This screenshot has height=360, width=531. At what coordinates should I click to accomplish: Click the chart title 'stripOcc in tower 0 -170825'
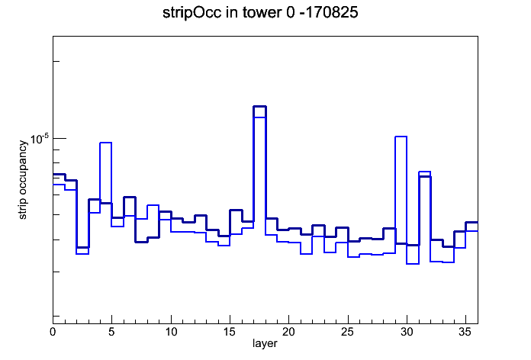pyautogui.click(x=260, y=13)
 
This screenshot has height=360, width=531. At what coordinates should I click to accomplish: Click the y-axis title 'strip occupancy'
pyautogui.click(x=22, y=180)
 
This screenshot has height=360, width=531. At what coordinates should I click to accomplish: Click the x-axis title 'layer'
pyautogui.click(x=265, y=343)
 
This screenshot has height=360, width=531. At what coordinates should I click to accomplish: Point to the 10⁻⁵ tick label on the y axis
pyautogui.click(x=40, y=139)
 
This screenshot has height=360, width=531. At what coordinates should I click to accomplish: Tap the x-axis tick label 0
pyautogui.click(x=53, y=332)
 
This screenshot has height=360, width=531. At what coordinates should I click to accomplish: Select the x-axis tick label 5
pyautogui.click(x=111, y=332)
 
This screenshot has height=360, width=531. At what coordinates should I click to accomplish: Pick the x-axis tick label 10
pyautogui.click(x=171, y=332)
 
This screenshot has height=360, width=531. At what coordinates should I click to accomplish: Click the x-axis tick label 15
pyautogui.click(x=230, y=332)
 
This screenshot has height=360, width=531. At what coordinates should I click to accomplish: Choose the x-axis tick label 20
pyautogui.click(x=288, y=332)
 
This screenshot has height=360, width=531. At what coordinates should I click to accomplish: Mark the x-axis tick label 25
pyautogui.click(x=347, y=332)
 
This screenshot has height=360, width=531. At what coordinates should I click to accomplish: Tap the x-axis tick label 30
pyautogui.click(x=407, y=332)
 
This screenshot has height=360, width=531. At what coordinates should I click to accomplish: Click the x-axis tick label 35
pyautogui.click(x=465, y=332)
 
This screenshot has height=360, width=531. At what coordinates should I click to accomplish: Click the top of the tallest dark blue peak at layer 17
pyautogui.click(x=259, y=106)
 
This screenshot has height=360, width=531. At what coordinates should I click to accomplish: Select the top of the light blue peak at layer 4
pyautogui.click(x=105, y=143)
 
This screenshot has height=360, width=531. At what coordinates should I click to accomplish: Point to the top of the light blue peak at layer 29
pyautogui.click(x=401, y=137)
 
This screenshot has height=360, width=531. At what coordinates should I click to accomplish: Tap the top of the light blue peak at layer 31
pyautogui.click(x=424, y=172)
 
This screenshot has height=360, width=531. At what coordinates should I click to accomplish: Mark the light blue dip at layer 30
pyautogui.click(x=413, y=263)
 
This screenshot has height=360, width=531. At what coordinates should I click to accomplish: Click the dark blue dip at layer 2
pyautogui.click(x=82, y=248)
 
